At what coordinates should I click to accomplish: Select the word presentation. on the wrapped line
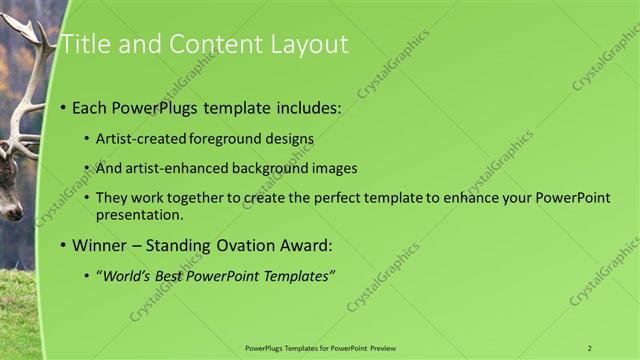click(140, 215)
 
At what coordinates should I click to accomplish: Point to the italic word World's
click(127, 276)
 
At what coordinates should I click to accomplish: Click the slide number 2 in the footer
click(590, 348)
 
